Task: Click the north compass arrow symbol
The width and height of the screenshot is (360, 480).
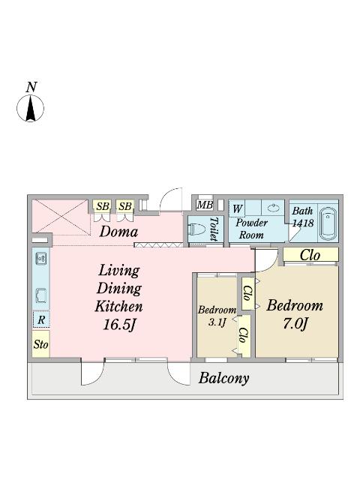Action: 30,108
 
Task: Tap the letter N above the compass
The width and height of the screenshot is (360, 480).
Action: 31,87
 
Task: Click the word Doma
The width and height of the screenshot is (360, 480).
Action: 118,232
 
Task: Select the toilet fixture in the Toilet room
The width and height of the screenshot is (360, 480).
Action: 196,229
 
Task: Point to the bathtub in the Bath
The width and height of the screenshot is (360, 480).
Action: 328,224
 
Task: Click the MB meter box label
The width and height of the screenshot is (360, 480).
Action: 205,205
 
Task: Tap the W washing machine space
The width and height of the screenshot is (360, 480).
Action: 237,209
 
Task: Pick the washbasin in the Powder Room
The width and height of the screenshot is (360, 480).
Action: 273,208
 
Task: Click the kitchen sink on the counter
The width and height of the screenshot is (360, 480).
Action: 41,259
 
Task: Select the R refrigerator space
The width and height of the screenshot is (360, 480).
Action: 41,320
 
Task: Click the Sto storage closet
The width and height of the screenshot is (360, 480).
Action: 41,344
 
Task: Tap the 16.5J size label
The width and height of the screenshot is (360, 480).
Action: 119,325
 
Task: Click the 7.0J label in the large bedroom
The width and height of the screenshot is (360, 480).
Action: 295,323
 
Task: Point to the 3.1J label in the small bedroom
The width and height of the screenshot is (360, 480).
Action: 217,322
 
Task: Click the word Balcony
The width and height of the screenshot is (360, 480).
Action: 223,378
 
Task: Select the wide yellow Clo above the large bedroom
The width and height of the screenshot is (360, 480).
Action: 310,255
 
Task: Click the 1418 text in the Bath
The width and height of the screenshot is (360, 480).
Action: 303,223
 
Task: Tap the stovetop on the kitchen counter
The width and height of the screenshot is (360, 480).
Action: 41,295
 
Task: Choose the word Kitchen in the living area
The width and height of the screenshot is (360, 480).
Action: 118,306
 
